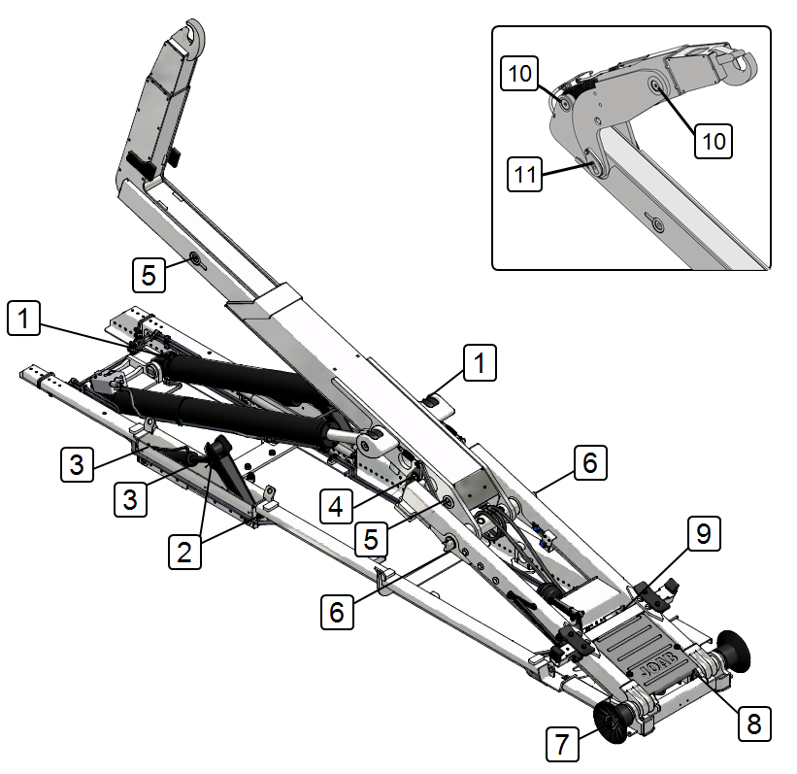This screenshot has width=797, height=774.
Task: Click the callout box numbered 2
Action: (x=184, y=552)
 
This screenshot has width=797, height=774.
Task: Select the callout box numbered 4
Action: (x=336, y=506)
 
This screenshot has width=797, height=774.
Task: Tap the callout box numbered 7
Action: (x=562, y=744)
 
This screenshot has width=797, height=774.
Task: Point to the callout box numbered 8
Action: (x=754, y=724)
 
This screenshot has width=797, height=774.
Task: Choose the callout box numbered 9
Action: (x=704, y=533)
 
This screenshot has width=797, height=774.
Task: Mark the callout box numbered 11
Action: (x=524, y=174)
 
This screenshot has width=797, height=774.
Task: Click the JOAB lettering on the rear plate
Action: (x=659, y=663)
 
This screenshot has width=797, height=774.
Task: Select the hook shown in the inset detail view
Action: (x=741, y=66)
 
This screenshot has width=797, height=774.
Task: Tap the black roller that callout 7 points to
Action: (x=614, y=723)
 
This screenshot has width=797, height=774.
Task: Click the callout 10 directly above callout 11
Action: (x=519, y=73)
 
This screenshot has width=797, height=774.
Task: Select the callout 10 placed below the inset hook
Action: (x=714, y=141)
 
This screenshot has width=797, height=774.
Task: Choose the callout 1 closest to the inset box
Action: (x=480, y=362)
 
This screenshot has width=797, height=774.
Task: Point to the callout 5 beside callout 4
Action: (x=371, y=539)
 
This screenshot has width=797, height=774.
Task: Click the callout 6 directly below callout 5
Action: (x=337, y=612)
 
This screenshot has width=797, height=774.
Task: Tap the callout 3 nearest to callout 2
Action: (x=131, y=499)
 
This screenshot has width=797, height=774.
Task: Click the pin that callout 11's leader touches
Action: (x=594, y=164)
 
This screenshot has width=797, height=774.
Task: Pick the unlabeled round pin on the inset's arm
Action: (x=658, y=224)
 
